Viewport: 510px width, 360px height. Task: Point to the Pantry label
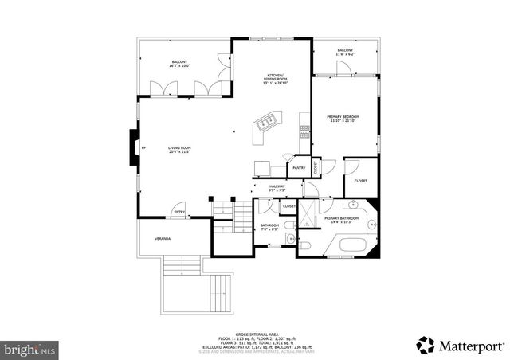[x=299, y=168]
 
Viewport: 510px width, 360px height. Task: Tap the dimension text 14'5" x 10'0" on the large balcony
[x=178, y=66]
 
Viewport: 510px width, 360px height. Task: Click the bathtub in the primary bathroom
[x=351, y=243]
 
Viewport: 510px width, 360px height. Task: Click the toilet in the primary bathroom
[x=306, y=248]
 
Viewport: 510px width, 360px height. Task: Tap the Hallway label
[x=277, y=188]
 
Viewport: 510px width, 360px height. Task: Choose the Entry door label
[x=180, y=212]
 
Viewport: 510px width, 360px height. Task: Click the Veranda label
[x=163, y=238]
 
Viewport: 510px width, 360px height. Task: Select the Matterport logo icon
[x=426, y=345]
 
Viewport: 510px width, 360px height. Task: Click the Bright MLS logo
[x=29, y=349]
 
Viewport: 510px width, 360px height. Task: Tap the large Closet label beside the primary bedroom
[x=360, y=182]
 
